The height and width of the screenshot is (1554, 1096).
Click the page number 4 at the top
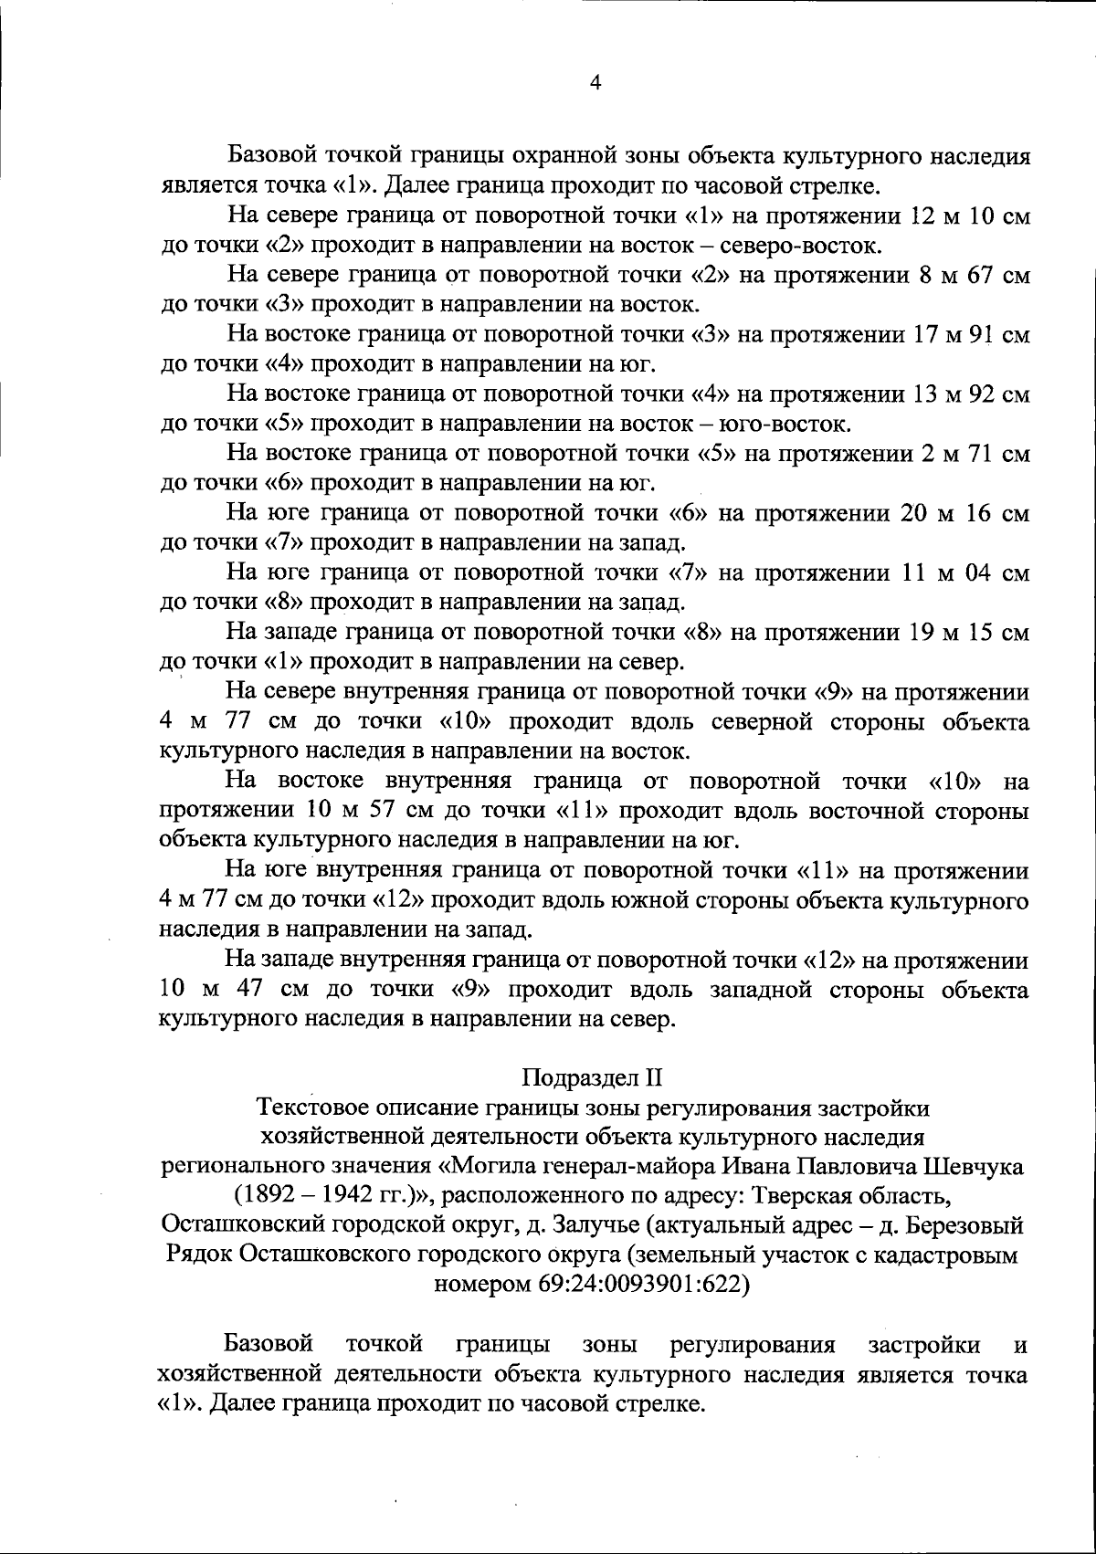click(595, 83)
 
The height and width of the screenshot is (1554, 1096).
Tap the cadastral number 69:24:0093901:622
click(593, 1284)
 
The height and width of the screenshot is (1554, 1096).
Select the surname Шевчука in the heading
click(975, 1166)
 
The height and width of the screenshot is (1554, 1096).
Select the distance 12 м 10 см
click(971, 216)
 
